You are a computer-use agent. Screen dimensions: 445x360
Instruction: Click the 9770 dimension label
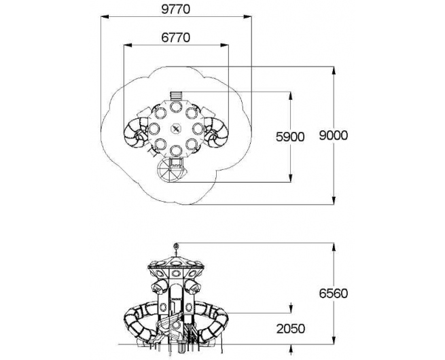(176, 10)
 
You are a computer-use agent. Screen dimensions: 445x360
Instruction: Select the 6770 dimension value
(176, 38)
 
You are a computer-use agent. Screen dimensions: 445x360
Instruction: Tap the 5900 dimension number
(290, 137)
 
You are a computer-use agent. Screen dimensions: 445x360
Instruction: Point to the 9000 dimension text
(333, 135)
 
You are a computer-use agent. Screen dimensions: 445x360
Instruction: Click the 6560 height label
(333, 293)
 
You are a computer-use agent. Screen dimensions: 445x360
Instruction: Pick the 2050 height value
(291, 329)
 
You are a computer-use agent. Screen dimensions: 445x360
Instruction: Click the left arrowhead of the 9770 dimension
(105, 17)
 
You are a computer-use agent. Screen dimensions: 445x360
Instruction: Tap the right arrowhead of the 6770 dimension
(224, 45)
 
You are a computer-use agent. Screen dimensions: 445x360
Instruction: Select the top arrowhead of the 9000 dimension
(334, 71)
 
